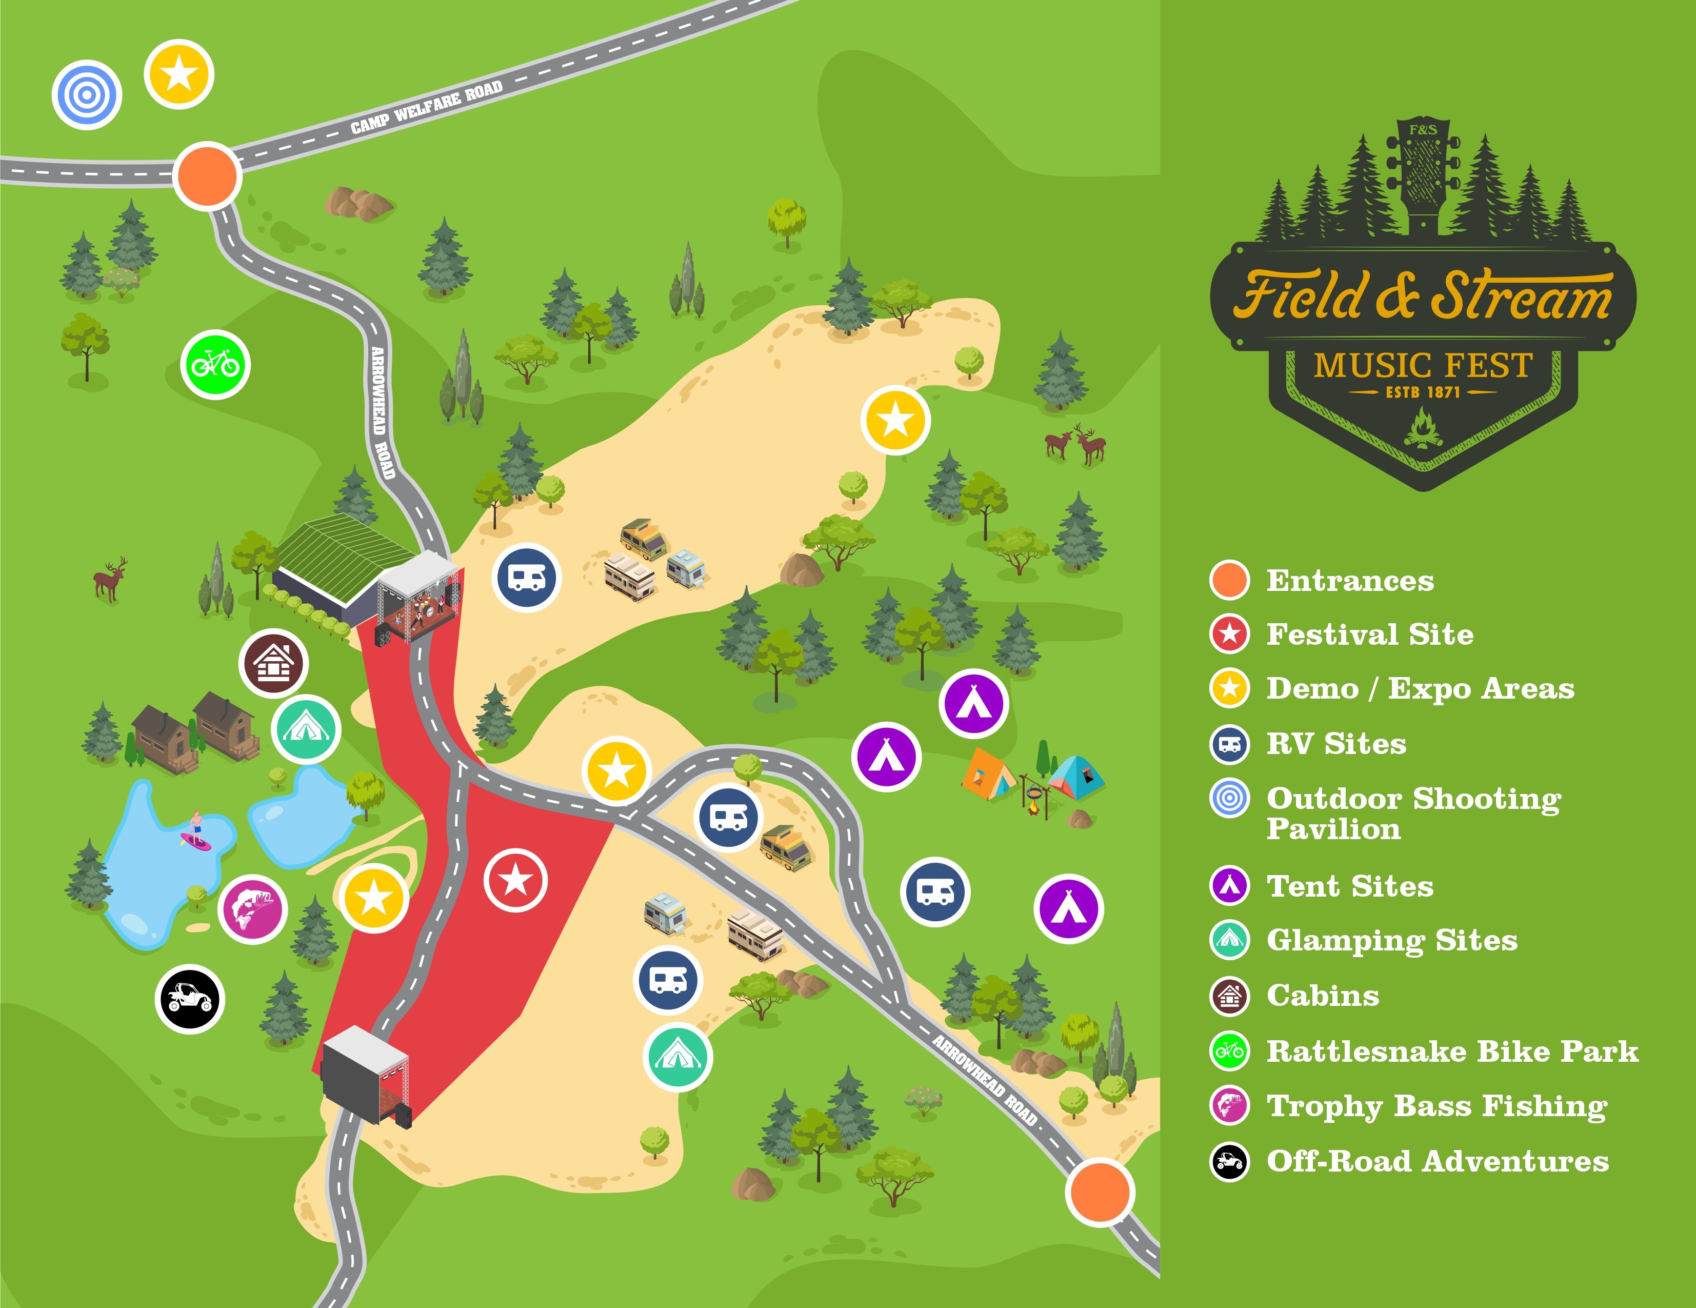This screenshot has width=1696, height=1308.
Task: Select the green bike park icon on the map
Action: tap(215, 364)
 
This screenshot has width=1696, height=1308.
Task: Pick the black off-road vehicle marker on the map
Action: tap(189, 998)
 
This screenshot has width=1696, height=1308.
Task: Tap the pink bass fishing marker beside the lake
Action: tap(252, 909)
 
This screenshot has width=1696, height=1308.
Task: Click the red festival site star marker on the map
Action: tap(515, 881)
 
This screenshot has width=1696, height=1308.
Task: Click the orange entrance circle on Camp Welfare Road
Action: tap(207, 175)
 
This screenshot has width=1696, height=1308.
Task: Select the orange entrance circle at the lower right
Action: tap(1100, 1192)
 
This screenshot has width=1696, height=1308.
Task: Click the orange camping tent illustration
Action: tap(988, 774)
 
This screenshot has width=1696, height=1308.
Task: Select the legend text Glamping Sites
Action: tap(1391, 941)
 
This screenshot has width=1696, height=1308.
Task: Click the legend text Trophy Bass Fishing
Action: tap(1436, 1106)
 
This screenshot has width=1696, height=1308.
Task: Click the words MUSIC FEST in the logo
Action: tap(1423, 365)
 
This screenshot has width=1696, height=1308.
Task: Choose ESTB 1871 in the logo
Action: tap(1423, 393)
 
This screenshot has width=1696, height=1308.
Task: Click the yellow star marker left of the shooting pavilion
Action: tap(178, 74)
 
